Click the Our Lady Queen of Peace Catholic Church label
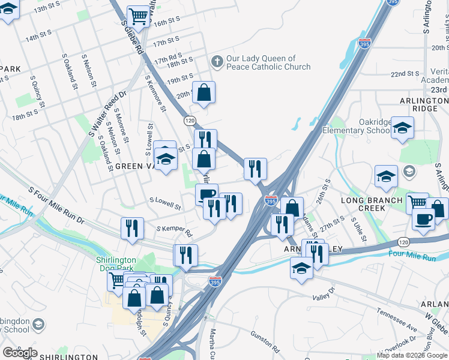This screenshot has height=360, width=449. [x=268, y=62]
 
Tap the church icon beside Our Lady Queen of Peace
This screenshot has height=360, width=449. [x=217, y=61]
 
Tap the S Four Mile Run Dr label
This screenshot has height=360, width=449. [x=59, y=204]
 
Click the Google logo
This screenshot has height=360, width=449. [x=20, y=352]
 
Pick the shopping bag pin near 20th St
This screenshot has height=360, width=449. [x=203, y=92]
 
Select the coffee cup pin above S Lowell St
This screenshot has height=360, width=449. [x=206, y=194]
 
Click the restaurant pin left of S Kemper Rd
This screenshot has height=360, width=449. [x=132, y=228]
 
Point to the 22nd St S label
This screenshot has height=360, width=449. [x=405, y=74]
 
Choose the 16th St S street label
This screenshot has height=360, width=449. [x=167, y=22]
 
